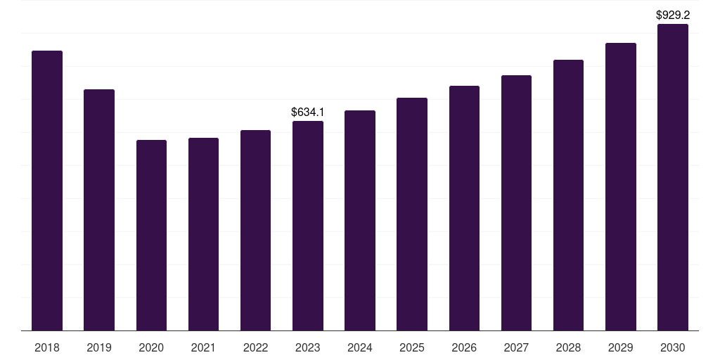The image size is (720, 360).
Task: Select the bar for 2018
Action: [47, 191]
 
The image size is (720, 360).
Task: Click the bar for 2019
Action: [99, 210]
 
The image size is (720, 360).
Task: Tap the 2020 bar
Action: [152, 235]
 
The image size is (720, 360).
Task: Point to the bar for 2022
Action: [255, 231]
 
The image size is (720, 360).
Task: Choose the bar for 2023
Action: [308, 226]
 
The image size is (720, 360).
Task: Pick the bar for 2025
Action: [412, 214]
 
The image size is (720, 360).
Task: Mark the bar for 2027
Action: [516, 203]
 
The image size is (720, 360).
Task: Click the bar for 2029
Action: [621, 187]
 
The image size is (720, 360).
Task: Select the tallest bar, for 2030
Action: [673, 177]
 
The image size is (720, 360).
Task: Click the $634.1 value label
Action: [308, 112]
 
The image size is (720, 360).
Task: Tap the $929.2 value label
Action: [673, 15]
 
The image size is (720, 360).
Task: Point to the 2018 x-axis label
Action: [47, 347]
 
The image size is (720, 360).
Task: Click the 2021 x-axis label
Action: [203, 347]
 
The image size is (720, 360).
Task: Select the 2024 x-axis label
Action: [360, 347]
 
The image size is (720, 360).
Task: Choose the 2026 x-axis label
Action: [464, 347]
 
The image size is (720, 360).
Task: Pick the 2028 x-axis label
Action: [568, 347]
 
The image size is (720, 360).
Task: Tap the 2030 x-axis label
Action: [673, 347]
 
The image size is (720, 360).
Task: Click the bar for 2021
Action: [203, 234]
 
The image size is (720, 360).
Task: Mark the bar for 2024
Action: [360, 220]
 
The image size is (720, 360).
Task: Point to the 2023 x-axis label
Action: [308, 347]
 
